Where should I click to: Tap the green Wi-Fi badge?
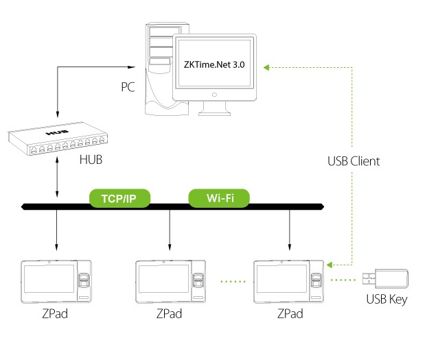coord(219,199)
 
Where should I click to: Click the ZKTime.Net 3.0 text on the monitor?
coord(214,66)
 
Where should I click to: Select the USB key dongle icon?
coord(388,278)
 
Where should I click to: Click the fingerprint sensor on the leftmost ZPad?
coord(84,280)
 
